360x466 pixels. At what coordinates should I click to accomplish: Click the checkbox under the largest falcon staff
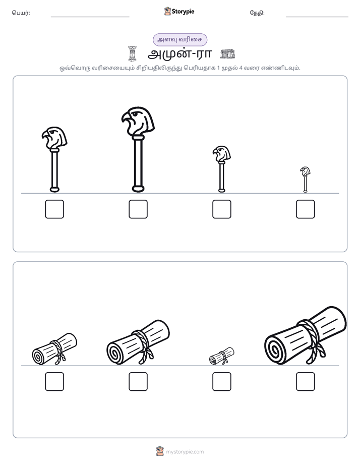138,209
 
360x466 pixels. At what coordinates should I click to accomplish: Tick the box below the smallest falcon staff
306,209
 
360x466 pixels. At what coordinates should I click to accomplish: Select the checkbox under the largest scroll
306,382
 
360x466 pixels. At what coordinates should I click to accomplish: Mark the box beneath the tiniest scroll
222,382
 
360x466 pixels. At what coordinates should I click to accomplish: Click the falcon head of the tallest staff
138,121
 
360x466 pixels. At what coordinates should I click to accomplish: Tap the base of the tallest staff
138,189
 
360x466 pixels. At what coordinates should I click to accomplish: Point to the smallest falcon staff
305,179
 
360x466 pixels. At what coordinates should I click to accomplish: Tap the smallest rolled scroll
221,356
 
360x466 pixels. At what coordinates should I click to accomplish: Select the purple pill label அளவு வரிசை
179,39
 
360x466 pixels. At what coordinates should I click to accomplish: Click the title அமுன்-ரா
179,54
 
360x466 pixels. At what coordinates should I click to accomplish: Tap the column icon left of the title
132,53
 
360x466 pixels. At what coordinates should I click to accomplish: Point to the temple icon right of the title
227,54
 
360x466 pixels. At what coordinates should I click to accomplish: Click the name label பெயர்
21,13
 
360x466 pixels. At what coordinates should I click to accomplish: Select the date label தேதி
257,13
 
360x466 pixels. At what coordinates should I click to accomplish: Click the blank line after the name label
90,17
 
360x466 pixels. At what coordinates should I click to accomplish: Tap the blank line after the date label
317,17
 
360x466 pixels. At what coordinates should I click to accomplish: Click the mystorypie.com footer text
185,452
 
